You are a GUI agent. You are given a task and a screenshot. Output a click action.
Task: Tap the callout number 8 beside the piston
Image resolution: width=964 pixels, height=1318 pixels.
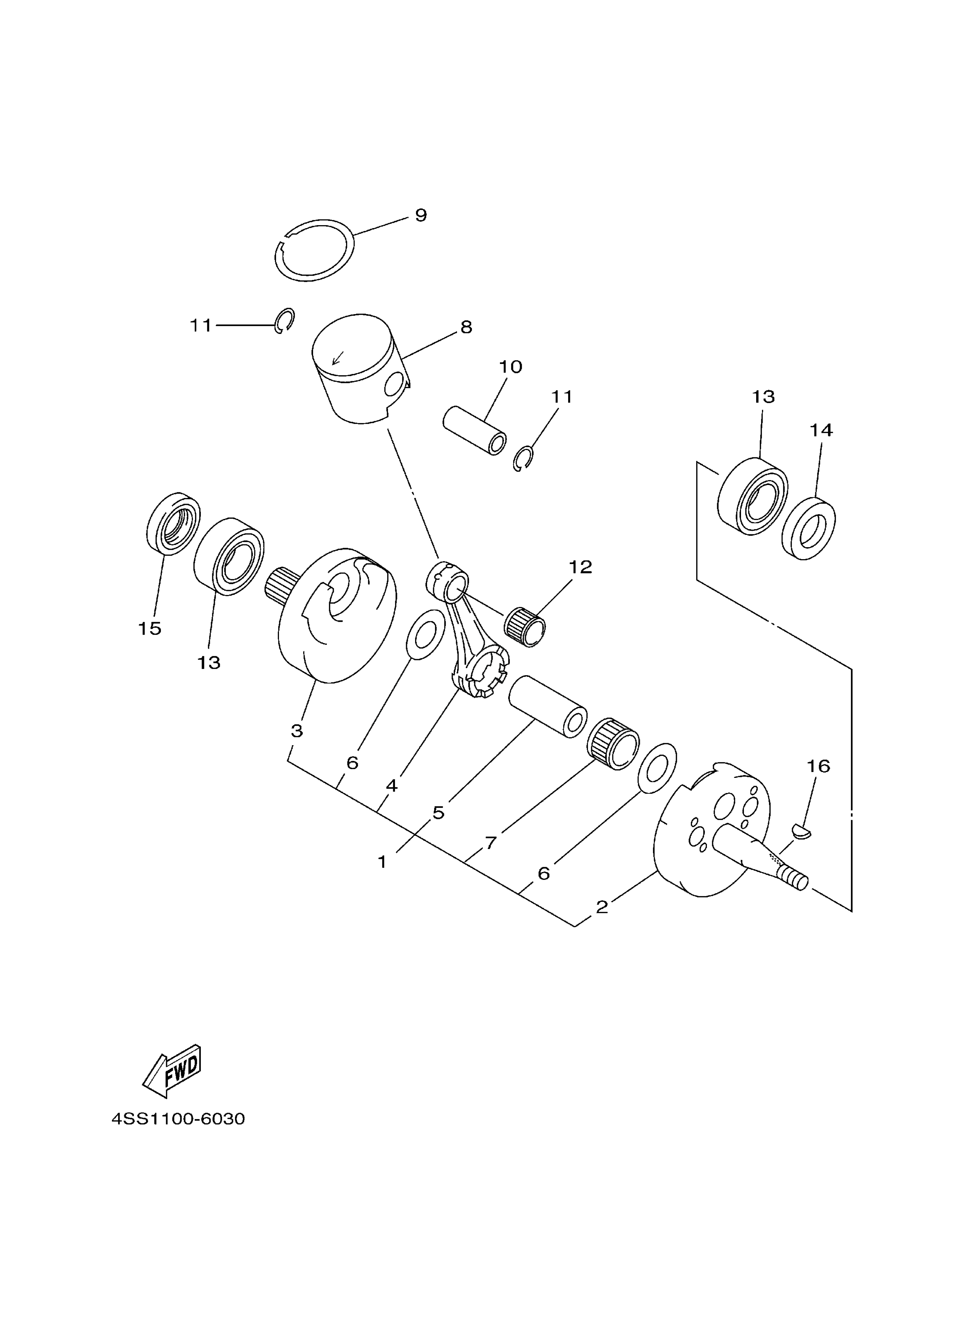click(466, 327)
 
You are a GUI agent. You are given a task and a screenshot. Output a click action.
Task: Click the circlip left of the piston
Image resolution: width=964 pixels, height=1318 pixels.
click(285, 320)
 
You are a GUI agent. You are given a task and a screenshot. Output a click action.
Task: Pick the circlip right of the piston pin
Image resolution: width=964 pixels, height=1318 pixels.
click(523, 458)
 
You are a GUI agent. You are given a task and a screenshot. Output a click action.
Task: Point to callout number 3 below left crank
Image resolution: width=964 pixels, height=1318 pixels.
click(296, 731)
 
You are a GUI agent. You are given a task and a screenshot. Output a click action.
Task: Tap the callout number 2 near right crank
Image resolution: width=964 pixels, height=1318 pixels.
click(602, 906)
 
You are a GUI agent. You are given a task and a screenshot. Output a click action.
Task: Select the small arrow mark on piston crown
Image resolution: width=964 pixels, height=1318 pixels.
click(337, 357)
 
